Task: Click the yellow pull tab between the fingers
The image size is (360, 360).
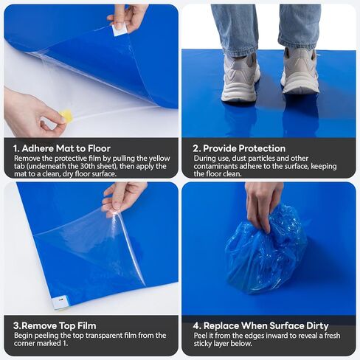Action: point(66,116)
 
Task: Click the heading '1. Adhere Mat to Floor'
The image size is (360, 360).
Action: point(62,148)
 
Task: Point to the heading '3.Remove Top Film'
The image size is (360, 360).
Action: point(55,325)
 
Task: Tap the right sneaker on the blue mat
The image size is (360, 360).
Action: point(300,72)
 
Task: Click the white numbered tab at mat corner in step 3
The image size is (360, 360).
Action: point(60,302)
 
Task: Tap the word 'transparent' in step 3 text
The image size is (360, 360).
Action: point(103,336)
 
